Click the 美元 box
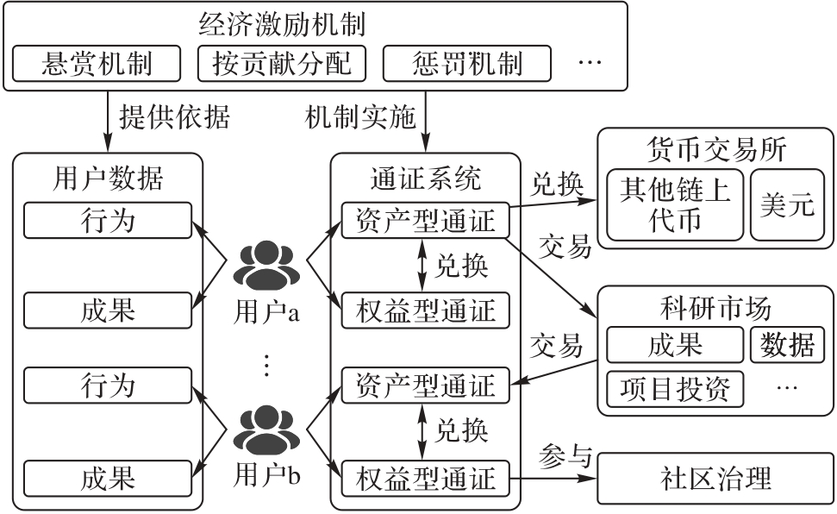[787, 205]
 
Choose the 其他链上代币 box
[675, 205]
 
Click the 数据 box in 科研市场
[787, 345]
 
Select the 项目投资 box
[675, 389]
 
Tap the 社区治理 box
[715, 478]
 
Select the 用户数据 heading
[109, 179]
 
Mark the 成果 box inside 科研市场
[675, 345]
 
